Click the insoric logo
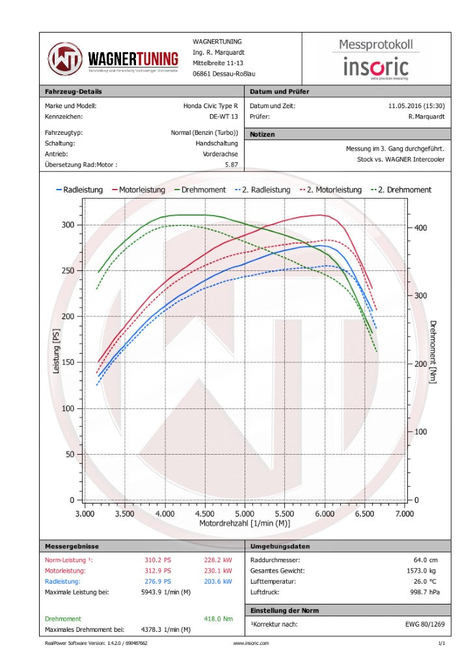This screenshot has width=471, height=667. click(376, 67)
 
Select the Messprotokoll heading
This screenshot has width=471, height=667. click(376, 45)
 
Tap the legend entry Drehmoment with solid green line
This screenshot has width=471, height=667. click(200, 190)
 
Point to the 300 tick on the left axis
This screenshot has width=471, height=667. click(68, 225)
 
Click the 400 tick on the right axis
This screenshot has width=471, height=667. click(421, 227)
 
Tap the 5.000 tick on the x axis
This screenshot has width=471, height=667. click(245, 514)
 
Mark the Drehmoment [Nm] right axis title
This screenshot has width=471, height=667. click(433, 352)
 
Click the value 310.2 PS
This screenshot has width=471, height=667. click(157, 560)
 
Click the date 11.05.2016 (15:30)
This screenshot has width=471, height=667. click(416, 106)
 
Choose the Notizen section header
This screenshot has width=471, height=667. click(262, 134)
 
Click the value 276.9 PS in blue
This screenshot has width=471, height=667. click(157, 581)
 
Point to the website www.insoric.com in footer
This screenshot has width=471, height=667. click(250, 644)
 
